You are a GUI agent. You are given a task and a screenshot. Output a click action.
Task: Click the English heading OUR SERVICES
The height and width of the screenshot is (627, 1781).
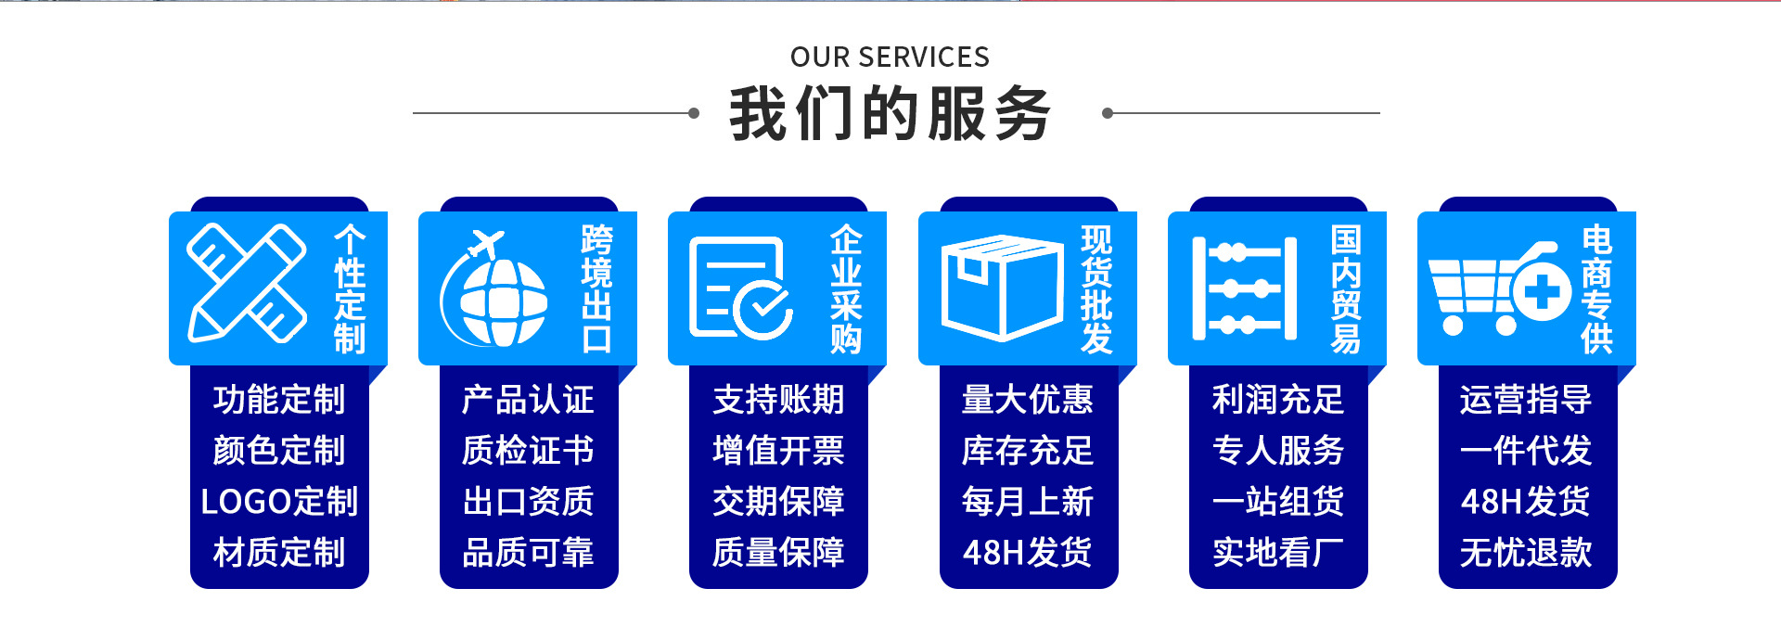point(890,57)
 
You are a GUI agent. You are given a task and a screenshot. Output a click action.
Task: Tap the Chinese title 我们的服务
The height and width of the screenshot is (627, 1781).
point(890,114)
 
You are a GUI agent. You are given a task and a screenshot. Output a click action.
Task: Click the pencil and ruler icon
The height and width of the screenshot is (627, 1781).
point(247,283)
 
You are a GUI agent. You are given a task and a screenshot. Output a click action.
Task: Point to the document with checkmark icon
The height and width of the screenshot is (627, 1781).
point(739,288)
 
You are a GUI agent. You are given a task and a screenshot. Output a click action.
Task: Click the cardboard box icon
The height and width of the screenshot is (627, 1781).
point(1002,287)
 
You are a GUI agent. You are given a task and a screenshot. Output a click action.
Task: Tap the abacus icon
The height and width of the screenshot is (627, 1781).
point(1244,288)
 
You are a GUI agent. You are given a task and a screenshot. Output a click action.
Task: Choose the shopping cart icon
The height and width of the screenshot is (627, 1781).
point(1498,288)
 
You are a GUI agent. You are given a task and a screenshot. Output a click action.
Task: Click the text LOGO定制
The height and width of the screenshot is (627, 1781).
point(279,502)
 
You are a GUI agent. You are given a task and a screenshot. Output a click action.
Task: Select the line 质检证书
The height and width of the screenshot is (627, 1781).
point(528,451)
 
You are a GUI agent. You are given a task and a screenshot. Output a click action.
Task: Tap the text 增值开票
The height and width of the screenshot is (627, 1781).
point(778,451)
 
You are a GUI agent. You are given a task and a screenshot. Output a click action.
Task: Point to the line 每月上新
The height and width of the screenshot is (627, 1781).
point(1028,502)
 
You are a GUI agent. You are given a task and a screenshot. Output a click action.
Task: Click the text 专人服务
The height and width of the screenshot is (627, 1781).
point(1277,451)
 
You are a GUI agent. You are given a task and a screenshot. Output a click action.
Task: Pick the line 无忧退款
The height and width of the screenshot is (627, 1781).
point(1526,553)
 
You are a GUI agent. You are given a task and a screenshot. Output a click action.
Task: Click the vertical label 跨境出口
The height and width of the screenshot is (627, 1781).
point(596,288)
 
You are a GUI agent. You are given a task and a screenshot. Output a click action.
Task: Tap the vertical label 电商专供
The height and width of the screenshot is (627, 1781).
point(1596,288)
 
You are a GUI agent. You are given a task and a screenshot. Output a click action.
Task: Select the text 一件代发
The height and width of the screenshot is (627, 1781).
point(1526,451)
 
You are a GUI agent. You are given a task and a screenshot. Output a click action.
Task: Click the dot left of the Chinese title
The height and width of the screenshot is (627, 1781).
point(694,113)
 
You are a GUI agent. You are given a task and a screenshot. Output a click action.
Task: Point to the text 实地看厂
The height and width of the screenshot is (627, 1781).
point(1277,553)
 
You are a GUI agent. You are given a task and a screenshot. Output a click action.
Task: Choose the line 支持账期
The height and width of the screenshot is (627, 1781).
point(778,400)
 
